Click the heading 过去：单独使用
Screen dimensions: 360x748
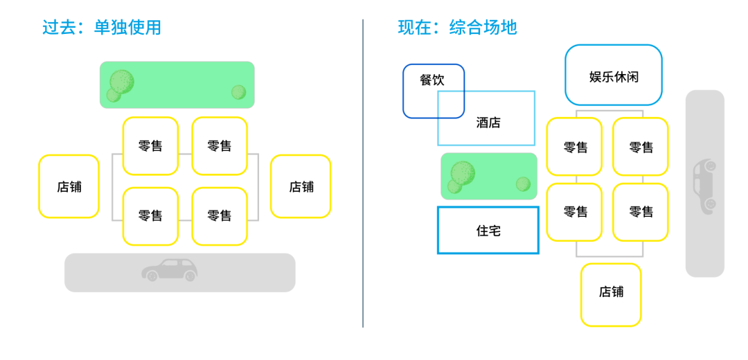click(x=102, y=28)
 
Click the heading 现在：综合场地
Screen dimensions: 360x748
click(x=457, y=28)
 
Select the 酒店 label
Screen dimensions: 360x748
click(x=488, y=123)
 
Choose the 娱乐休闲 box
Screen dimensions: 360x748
click(x=614, y=75)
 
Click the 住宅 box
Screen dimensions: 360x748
click(x=488, y=231)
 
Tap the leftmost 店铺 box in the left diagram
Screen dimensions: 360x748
click(x=69, y=186)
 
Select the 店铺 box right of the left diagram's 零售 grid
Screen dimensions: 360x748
click(x=301, y=186)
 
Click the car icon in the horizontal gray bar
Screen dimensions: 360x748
click(x=170, y=270)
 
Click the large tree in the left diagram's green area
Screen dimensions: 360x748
click(x=121, y=82)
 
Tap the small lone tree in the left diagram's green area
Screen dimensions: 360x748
click(x=238, y=92)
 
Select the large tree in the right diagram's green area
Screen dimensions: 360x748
click(x=462, y=173)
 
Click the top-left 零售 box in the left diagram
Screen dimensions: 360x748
click(x=150, y=146)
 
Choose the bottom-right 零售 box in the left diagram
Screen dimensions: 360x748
click(x=220, y=216)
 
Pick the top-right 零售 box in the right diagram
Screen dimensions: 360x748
click(x=641, y=147)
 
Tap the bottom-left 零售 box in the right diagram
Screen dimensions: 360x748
click(x=575, y=212)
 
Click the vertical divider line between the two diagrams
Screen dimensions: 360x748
click(x=363, y=173)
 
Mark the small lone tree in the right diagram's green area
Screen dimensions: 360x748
click(x=523, y=184)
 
